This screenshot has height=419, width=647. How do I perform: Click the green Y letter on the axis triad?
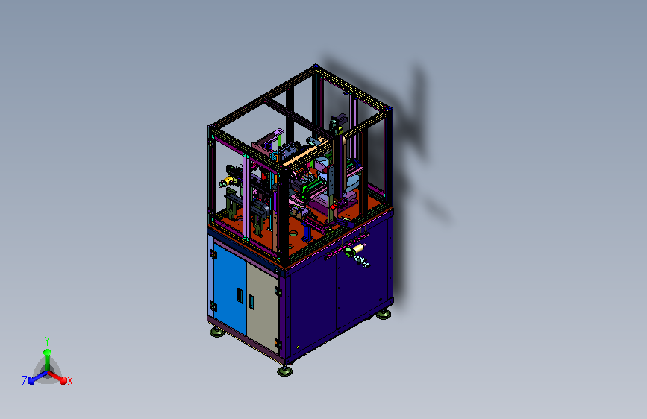pos(47,341)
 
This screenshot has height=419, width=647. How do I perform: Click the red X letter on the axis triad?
pos(69,381)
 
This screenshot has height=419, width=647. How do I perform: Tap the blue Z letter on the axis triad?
pos(25,381)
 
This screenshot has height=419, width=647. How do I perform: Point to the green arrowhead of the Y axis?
pos(47,352)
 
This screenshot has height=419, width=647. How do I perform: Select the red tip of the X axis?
pos(63,381)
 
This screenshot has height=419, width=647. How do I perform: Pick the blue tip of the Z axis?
pos(31,381)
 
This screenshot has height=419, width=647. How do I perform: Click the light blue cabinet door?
pos(229,288)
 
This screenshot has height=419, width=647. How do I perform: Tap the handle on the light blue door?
pos(240,295)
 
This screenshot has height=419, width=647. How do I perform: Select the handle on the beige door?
pos(251,301)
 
